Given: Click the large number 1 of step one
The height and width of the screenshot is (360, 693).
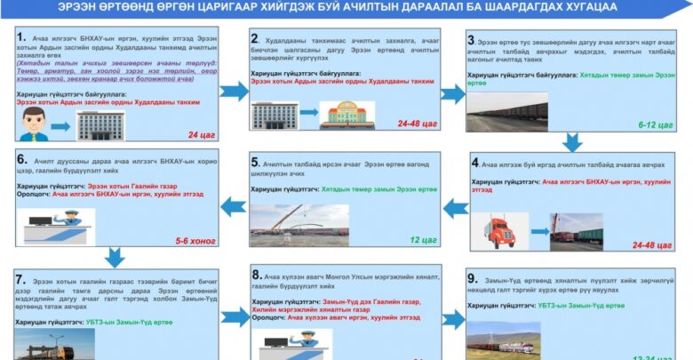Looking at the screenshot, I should click(20, 39).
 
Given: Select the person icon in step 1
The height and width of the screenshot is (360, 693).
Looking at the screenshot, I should click(35, 124).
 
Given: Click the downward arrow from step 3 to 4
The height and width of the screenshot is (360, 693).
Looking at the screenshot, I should click(572, 141).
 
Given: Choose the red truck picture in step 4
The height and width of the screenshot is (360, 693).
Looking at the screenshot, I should click(500, 231).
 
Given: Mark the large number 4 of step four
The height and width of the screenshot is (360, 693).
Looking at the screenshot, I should click(474, 164).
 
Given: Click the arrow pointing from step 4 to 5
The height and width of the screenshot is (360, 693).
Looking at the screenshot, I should click(455, 208).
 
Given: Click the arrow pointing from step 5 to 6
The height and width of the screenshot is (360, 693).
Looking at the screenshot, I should click(233, 206).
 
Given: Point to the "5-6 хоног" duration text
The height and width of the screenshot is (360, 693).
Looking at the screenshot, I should click(195, 240).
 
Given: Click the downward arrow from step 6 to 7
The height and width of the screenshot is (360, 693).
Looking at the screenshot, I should click(114, 258).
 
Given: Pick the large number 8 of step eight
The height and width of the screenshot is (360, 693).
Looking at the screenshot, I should click(256, 276).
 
